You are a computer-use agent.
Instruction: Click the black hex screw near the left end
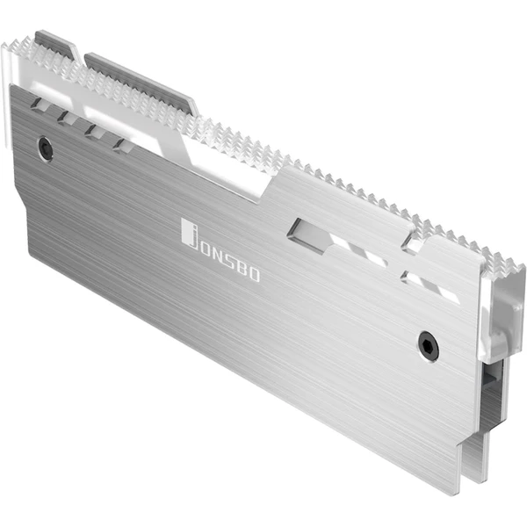(46, 148)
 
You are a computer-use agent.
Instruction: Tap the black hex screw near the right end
(429, 343)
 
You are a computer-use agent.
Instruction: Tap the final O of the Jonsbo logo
(255, 277)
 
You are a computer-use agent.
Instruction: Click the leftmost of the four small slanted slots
(38, 104)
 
